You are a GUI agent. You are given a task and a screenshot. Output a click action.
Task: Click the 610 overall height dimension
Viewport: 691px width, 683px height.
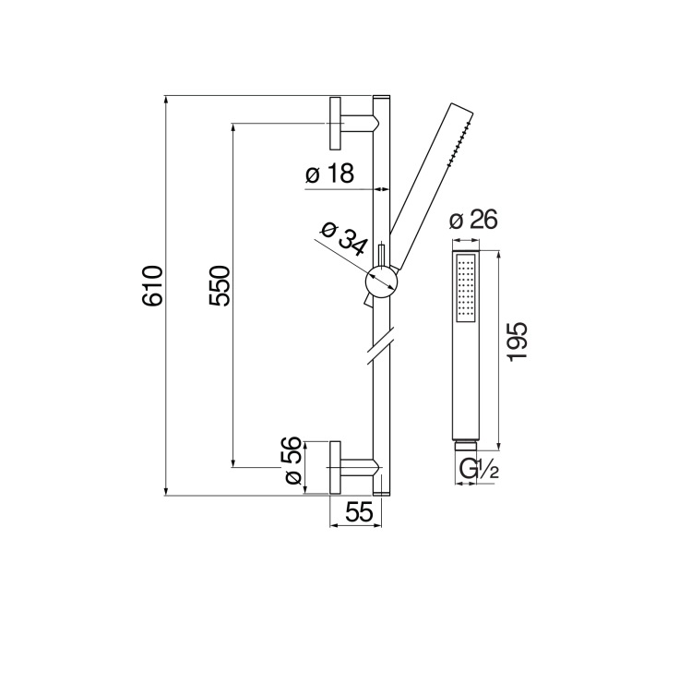tap(153, 286)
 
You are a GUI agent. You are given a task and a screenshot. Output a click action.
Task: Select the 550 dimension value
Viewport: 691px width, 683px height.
tap(220, 286)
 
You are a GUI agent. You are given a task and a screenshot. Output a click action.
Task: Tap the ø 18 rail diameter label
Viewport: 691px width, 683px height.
tap(329, 174)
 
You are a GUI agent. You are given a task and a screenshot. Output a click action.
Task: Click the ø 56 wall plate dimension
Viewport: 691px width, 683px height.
tap(292, 461)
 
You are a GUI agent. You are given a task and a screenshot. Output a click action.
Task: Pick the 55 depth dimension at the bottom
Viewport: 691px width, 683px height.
tap(359, 512)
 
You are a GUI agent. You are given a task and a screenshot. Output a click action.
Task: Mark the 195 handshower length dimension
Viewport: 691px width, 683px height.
tap(518, 341)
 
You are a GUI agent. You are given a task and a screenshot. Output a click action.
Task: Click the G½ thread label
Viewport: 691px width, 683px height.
tap(479, 469)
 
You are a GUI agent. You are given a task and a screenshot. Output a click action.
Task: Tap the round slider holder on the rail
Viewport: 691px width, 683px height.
tap(382, 282)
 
